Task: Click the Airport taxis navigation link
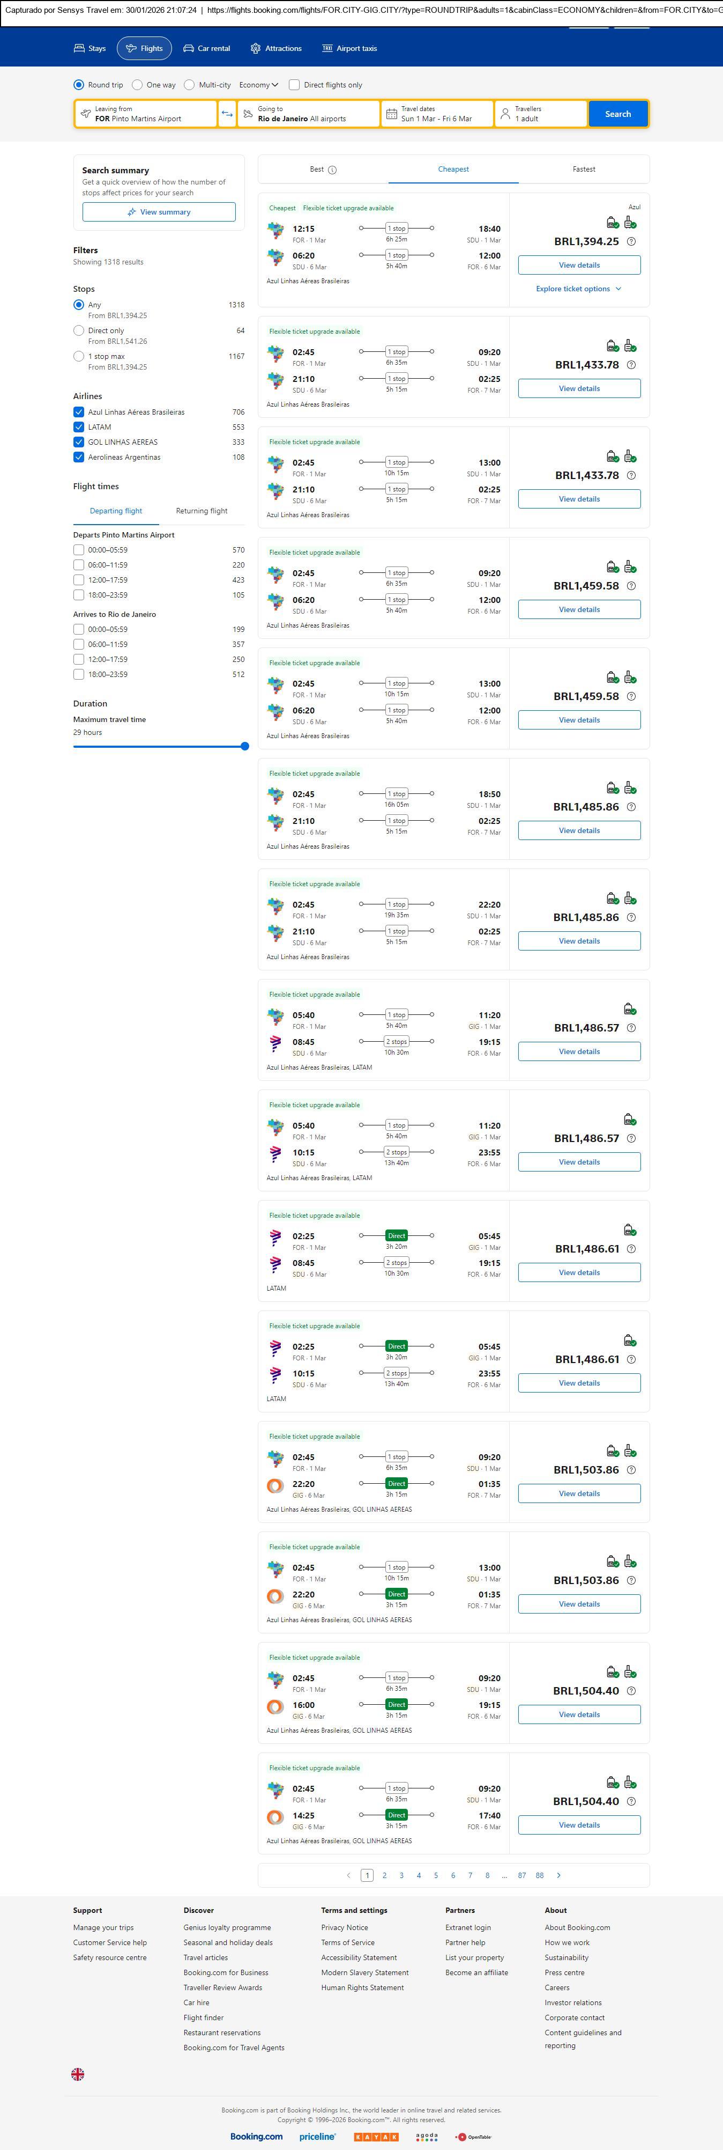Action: [x=349, y=48]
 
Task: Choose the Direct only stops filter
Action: [x=79, y=330]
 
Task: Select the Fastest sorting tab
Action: [x=584, y=170]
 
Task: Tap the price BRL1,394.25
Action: [x=586, y=241]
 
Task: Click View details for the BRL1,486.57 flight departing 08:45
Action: [x=579, y=1051]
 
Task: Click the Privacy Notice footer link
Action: [x=345, y=1927]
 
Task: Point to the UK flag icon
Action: [x=78, y=2074]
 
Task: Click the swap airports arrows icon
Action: [x=227, y=114]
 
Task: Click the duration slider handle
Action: [x=244, y=746]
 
